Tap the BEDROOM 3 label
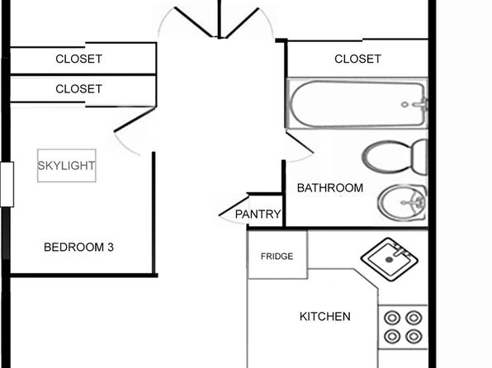point(78,248)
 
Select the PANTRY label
point(258,215)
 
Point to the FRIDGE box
point(277,255)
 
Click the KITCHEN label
point(325,317)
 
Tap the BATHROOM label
point(330,188)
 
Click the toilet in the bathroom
point(395,157)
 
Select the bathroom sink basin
point(403,202)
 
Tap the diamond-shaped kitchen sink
point(389,259)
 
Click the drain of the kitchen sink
point(389,260)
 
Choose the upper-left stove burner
point(392,318)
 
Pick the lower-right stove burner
point(414,337)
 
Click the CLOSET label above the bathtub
point(357,59)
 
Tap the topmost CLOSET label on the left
point(78,59)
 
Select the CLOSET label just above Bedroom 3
point(78,89)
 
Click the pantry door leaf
point(234,205)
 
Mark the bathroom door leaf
point(300,143)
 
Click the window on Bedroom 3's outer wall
point(7,185)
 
